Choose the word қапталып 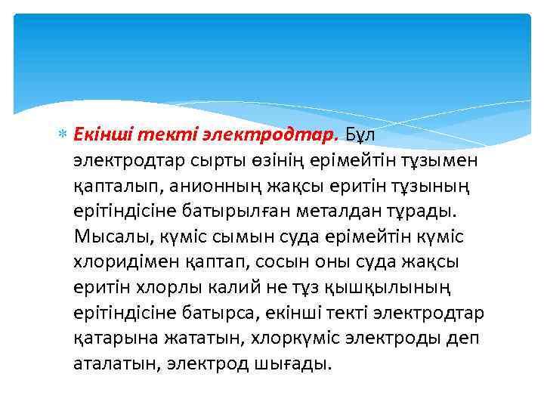point(110,186)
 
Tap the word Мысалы point(114,237)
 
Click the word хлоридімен point(122,262)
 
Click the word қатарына point(109,338)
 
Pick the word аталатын point(110,364)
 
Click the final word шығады point(300,364)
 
